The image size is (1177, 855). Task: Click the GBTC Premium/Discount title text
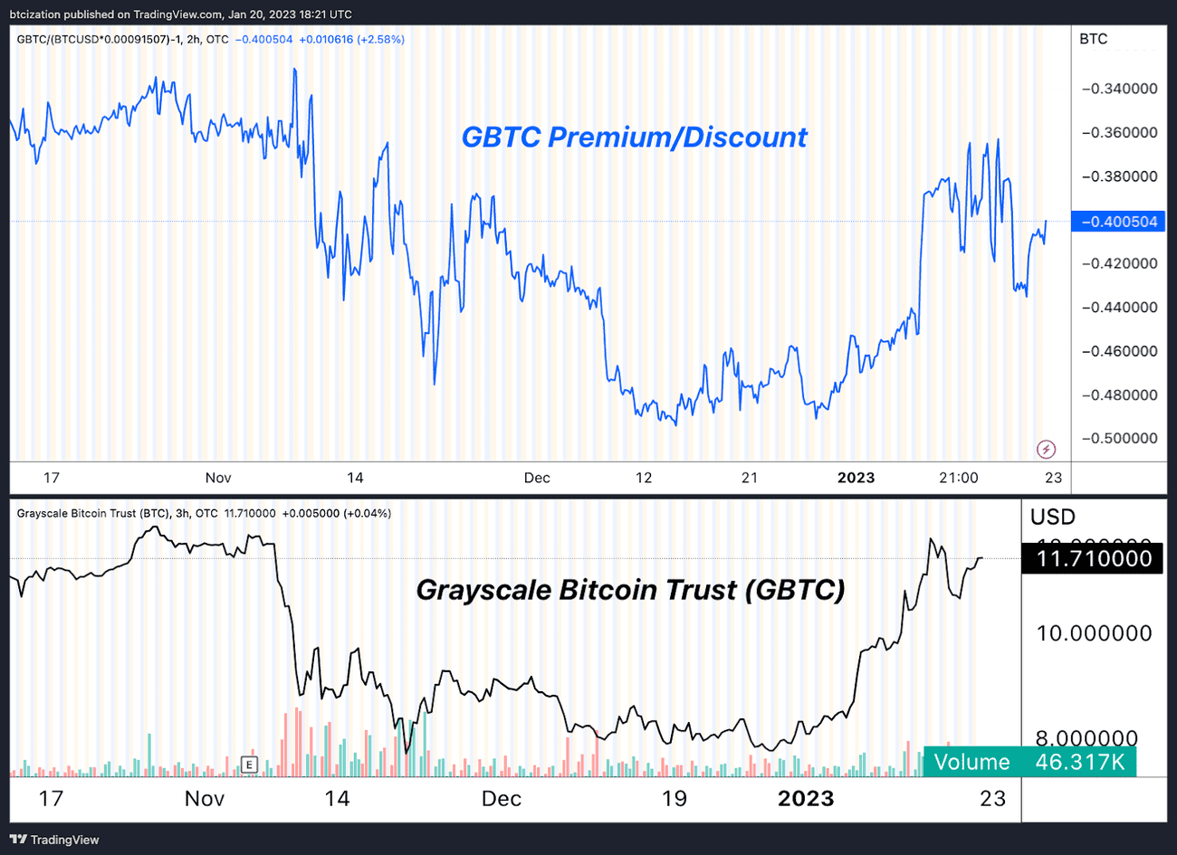tap(634, 138)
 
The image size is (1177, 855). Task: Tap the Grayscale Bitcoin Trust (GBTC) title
tap(630, 590)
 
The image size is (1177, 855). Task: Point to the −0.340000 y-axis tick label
tap(1120, 89)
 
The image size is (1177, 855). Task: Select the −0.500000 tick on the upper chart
tap(1120, 438)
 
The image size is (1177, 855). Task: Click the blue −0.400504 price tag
tap(1118, 222)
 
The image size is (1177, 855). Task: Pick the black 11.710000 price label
tap(1093, 558)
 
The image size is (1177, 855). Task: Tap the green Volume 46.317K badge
tap(1029, 762)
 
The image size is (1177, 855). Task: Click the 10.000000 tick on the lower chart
tap(1094, 633)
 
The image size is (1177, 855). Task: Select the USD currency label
tap(1053, 518)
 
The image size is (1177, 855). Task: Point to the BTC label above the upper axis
tap(1094, 39)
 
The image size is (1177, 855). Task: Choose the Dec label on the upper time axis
tap(537, 478)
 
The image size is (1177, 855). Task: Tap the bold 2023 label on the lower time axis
tap(806, 798)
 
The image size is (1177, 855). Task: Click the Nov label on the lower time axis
tap(205, 798)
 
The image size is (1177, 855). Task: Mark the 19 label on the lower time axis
tap(674, 798)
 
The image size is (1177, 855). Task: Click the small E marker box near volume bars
tap(249, 765)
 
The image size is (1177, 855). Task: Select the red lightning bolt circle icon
tap(1046, 449)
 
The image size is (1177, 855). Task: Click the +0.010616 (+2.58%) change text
tap(351, 39)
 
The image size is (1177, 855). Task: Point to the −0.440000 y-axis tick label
tap(1120, 308)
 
